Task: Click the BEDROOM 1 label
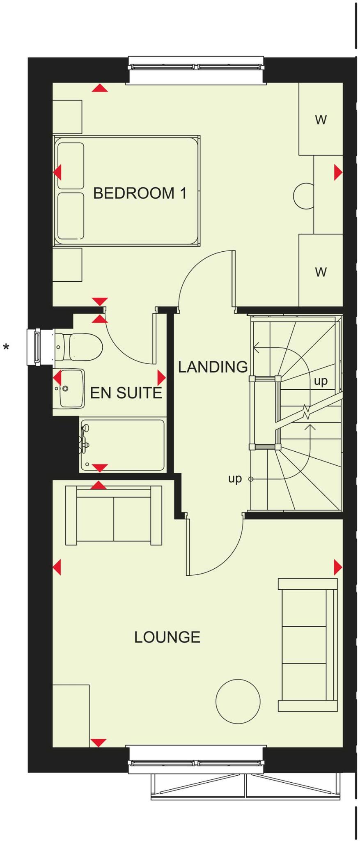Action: (x=140, y=193)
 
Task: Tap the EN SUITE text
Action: (x=126, y=393)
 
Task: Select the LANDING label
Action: (x=213, y=367)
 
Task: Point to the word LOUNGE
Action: (x=167, y=637)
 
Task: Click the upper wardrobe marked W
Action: (x=321, y=119)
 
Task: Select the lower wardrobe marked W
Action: (x=321, y=271)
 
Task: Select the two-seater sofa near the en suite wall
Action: (x=113, y=515)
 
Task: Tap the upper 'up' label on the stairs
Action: (x=321, y=381)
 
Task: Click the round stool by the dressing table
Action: (x=304, y=196)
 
